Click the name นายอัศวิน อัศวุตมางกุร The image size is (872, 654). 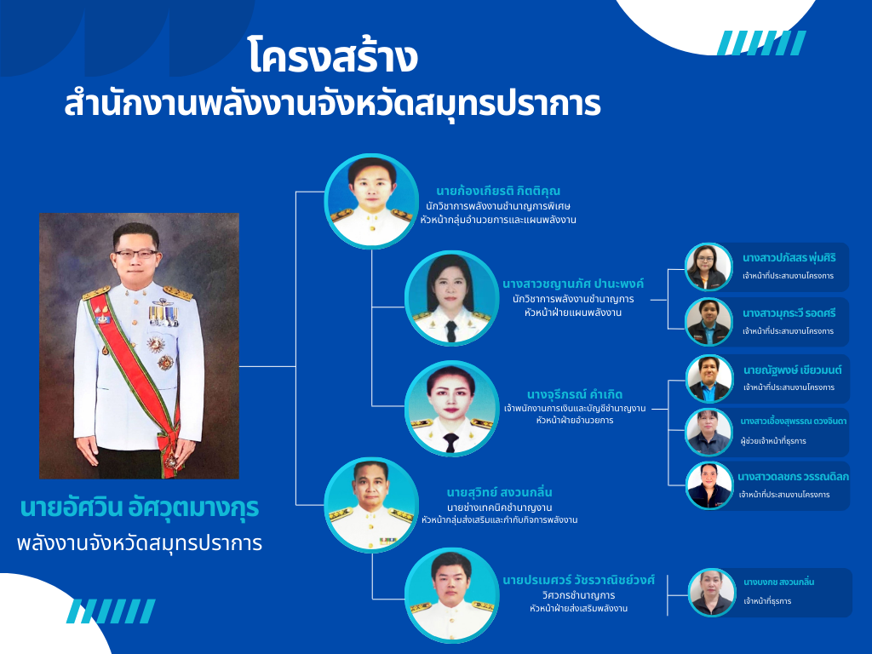[x=140, y=508]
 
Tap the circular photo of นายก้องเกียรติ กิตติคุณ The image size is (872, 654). [x=371, y=201]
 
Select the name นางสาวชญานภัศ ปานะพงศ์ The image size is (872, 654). [x=573, y=284]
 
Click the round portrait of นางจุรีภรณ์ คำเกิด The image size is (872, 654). [x=451, y=408]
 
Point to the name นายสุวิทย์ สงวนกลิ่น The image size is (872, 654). [x=499, y=492]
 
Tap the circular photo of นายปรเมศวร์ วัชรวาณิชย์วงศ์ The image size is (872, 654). [x=451, y=595]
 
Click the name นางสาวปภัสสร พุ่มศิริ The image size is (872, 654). [x=789, y=257]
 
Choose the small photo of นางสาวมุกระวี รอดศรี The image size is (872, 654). [x=708, y=322]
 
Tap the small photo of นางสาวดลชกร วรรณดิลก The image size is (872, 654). [x=709, y=485]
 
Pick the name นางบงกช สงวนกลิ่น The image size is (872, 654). [x=778, y=582]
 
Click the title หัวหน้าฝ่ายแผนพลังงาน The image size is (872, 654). [x=573, y=313]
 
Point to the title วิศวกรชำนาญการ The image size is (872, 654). [x=578, y=595]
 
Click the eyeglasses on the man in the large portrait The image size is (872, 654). [x=136, y=254]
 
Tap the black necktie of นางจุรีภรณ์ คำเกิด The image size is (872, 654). [x=451, y=443]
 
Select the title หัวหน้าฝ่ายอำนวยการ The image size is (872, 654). [x=575, y=421]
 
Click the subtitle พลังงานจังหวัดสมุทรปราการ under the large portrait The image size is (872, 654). [x=140, y=542]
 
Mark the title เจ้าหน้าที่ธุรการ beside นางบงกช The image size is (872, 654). [x=767, y=601]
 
